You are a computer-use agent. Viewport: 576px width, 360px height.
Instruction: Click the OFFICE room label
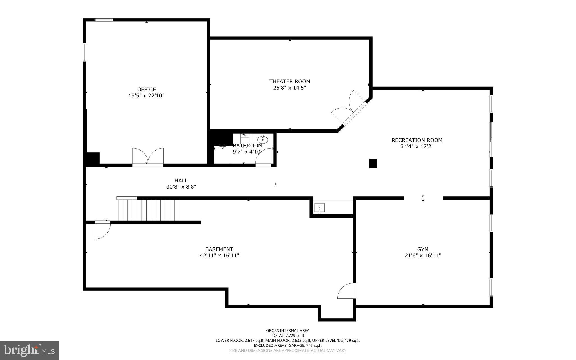coord(146,90)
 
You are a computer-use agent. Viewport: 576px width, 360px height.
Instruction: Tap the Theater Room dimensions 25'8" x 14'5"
coord(289,88)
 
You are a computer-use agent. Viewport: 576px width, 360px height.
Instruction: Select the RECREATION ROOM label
coord(417,140)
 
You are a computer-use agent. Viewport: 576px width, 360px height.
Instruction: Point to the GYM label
coord(423,249)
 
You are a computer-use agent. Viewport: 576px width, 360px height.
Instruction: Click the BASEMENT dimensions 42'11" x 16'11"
coord(219,256)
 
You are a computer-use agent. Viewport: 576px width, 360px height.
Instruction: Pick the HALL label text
coord(181,181)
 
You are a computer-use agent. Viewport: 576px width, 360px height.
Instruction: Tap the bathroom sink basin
coord(262,139)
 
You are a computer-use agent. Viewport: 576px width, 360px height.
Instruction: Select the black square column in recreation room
coord(373,163)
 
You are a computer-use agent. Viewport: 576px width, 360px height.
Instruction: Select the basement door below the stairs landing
coord(102,230)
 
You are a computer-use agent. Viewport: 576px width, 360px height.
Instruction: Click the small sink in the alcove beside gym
coord(319,208)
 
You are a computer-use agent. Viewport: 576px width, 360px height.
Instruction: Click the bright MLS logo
coord(29,350)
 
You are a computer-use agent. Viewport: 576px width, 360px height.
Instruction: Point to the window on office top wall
coord(103,20)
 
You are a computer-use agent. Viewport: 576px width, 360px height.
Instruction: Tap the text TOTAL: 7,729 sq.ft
coord(288,336)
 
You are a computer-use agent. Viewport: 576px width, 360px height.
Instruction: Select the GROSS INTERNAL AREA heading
coord(288,330)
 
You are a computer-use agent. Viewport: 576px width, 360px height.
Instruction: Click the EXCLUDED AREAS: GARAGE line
coord(288,345)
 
